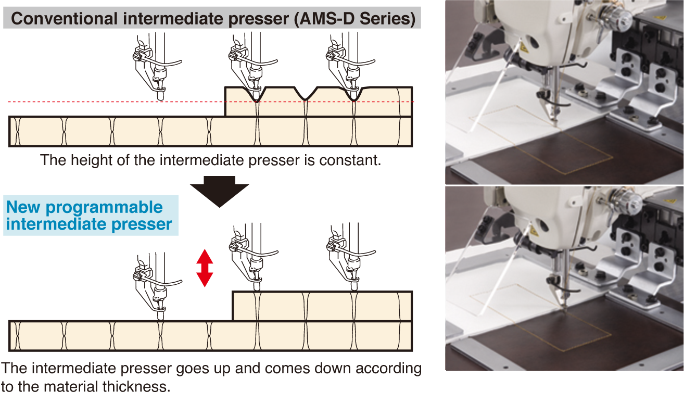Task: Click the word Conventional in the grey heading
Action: (x=64, y=19)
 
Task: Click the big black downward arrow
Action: (x=220, y=192)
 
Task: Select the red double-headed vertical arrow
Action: (x=205, y=268)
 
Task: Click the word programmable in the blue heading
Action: (x=104, y=208)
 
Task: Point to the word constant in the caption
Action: (x=350, y=160)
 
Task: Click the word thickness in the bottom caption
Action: (x=136, y=387)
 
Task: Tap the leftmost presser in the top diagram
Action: (x=156, y=67)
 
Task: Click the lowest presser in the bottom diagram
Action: (x=156, y=286)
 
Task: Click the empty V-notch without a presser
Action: (x=305, y=94)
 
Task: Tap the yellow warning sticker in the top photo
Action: (x=524, y=47)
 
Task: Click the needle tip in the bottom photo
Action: (x=565, y=311)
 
